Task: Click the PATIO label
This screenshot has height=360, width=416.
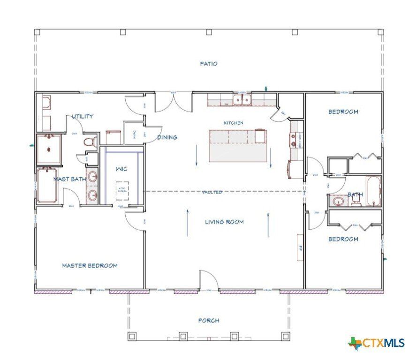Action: pyautogui.click(x=209, y=64)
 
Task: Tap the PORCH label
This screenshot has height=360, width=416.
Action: pyautogui.click(x=209, y=321)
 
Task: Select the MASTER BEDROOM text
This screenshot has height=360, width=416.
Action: pyautogui.click(x=90, y=266)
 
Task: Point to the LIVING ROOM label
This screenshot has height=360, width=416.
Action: pyautogui.click(x=224, y=222)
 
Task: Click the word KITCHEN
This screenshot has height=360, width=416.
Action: pyautogui.click(x=233, y=123)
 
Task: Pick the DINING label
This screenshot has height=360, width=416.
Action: pyautogui.click(x=167, y=137)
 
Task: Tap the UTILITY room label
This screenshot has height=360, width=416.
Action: pyautogui.click(x=83, y=116)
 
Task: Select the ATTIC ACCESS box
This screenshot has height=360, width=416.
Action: pyautogui.click(x=122, y=190)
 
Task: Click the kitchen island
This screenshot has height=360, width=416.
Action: pyautogui.click(x=237, y=146)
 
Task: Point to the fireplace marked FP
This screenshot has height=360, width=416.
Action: pyautogui.click(x=299, y=247)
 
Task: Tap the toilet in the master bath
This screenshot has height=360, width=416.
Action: pyautogui.click(x=89, y=142)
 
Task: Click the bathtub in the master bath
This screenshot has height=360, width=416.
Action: pyautogui.click(x=47, y=185)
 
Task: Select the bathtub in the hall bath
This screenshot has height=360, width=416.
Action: pyautogui.click(x=373, y=191)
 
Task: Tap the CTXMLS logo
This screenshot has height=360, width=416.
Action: pyautogui.click(x=376, y=343)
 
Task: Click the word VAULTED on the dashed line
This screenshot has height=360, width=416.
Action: pyautogui.click(x=212, y=192)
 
